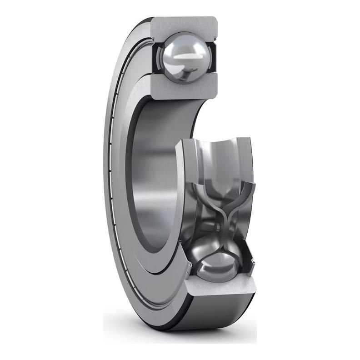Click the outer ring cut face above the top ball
point(184,25)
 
